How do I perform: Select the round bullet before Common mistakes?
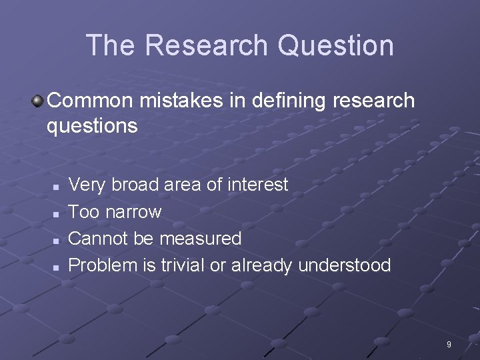38,101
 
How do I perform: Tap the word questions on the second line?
92,126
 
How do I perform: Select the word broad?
135,185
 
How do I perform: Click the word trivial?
183,265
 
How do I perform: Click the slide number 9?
449,345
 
